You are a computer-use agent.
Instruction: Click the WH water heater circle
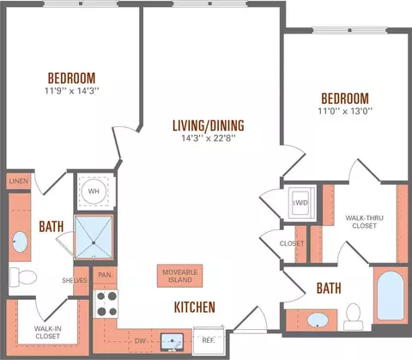point(94,192)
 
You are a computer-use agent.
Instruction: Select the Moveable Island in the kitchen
point(180,276)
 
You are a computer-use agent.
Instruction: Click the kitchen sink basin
point(172,342)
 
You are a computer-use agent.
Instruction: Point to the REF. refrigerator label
point(208,340)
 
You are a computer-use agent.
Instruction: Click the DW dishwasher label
point(140,341)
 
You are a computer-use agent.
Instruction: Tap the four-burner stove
point(106,303)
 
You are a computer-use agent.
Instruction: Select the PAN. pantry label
point(105,275)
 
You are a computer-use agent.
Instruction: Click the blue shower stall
point(94,237)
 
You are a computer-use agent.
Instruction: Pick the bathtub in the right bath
point(391,296)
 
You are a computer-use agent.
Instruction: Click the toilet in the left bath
point(23,278)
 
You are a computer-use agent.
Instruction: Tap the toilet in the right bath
point(354,317)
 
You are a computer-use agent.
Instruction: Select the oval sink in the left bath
point(20,242)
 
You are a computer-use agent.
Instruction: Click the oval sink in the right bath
point(318,320)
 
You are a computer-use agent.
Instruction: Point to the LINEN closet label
point(19,181)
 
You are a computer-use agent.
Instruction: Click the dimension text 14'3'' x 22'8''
point(209,138)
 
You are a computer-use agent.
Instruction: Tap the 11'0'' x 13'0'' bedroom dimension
point(345,111)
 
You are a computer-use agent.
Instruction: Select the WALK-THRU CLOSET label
point(364,222)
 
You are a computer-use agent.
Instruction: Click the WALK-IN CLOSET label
point(47,333)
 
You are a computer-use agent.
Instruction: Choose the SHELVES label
point(75,280)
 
